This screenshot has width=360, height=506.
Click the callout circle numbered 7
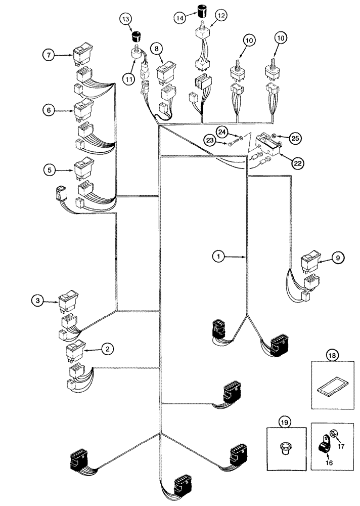click(x=48, y=55)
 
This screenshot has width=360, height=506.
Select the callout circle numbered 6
click(x=48, y=110)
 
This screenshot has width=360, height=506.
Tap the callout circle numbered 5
click(x=48, y=170)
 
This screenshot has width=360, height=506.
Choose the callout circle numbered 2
click(x=107, y=349)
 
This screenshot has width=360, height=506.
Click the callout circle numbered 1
click(x=218, y=257)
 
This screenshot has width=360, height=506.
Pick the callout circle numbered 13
click(x=126, y=19)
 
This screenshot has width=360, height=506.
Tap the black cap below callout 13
click(x=136, y=36)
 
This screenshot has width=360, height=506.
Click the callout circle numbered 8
click(x=158, y=49)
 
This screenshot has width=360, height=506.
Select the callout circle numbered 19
click(x=284, y=420)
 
